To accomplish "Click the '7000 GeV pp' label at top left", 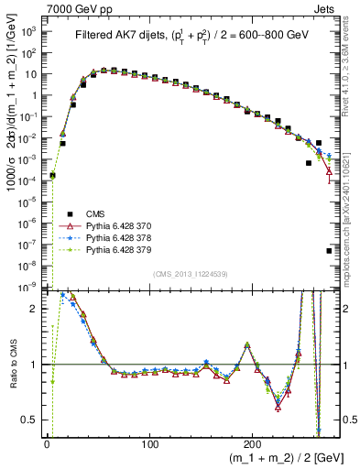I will tap(72, 8).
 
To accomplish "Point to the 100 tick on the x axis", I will tap(149, 444).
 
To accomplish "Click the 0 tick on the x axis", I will tap(47, 444).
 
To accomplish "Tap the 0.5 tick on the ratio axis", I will tap(30, 420).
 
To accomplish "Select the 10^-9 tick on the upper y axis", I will tap(29, 288).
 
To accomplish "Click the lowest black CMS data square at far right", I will tap(329, 250).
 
